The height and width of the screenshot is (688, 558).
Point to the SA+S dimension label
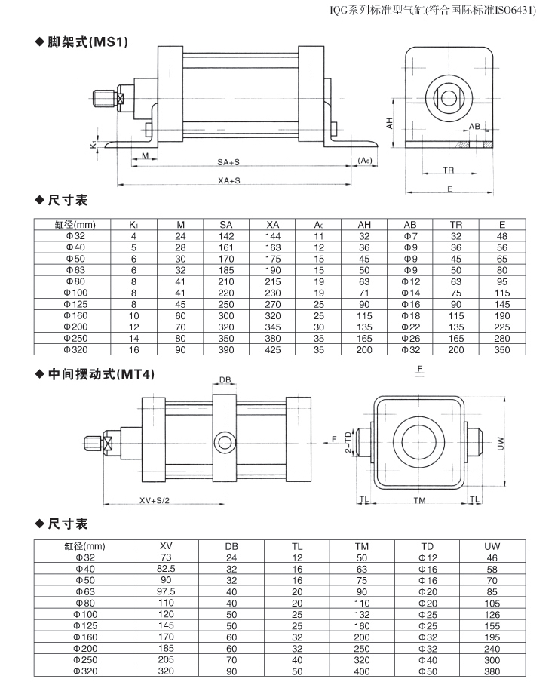click(x=228, y=162)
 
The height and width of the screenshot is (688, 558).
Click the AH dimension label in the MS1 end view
click(x=390, y=123)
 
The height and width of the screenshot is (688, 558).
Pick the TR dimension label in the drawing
click(x=448, y=170)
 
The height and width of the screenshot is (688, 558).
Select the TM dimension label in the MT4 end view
click(x=419, y=500)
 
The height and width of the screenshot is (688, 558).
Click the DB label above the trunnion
click(x=225, y=380)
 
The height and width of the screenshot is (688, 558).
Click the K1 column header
click(x=133, y=225)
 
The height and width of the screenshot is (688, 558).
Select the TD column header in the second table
click(x=428, y=546)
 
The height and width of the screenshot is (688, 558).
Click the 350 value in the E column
click(x=502, y=350)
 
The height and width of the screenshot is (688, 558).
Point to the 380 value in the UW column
click(x=492, y=671)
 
